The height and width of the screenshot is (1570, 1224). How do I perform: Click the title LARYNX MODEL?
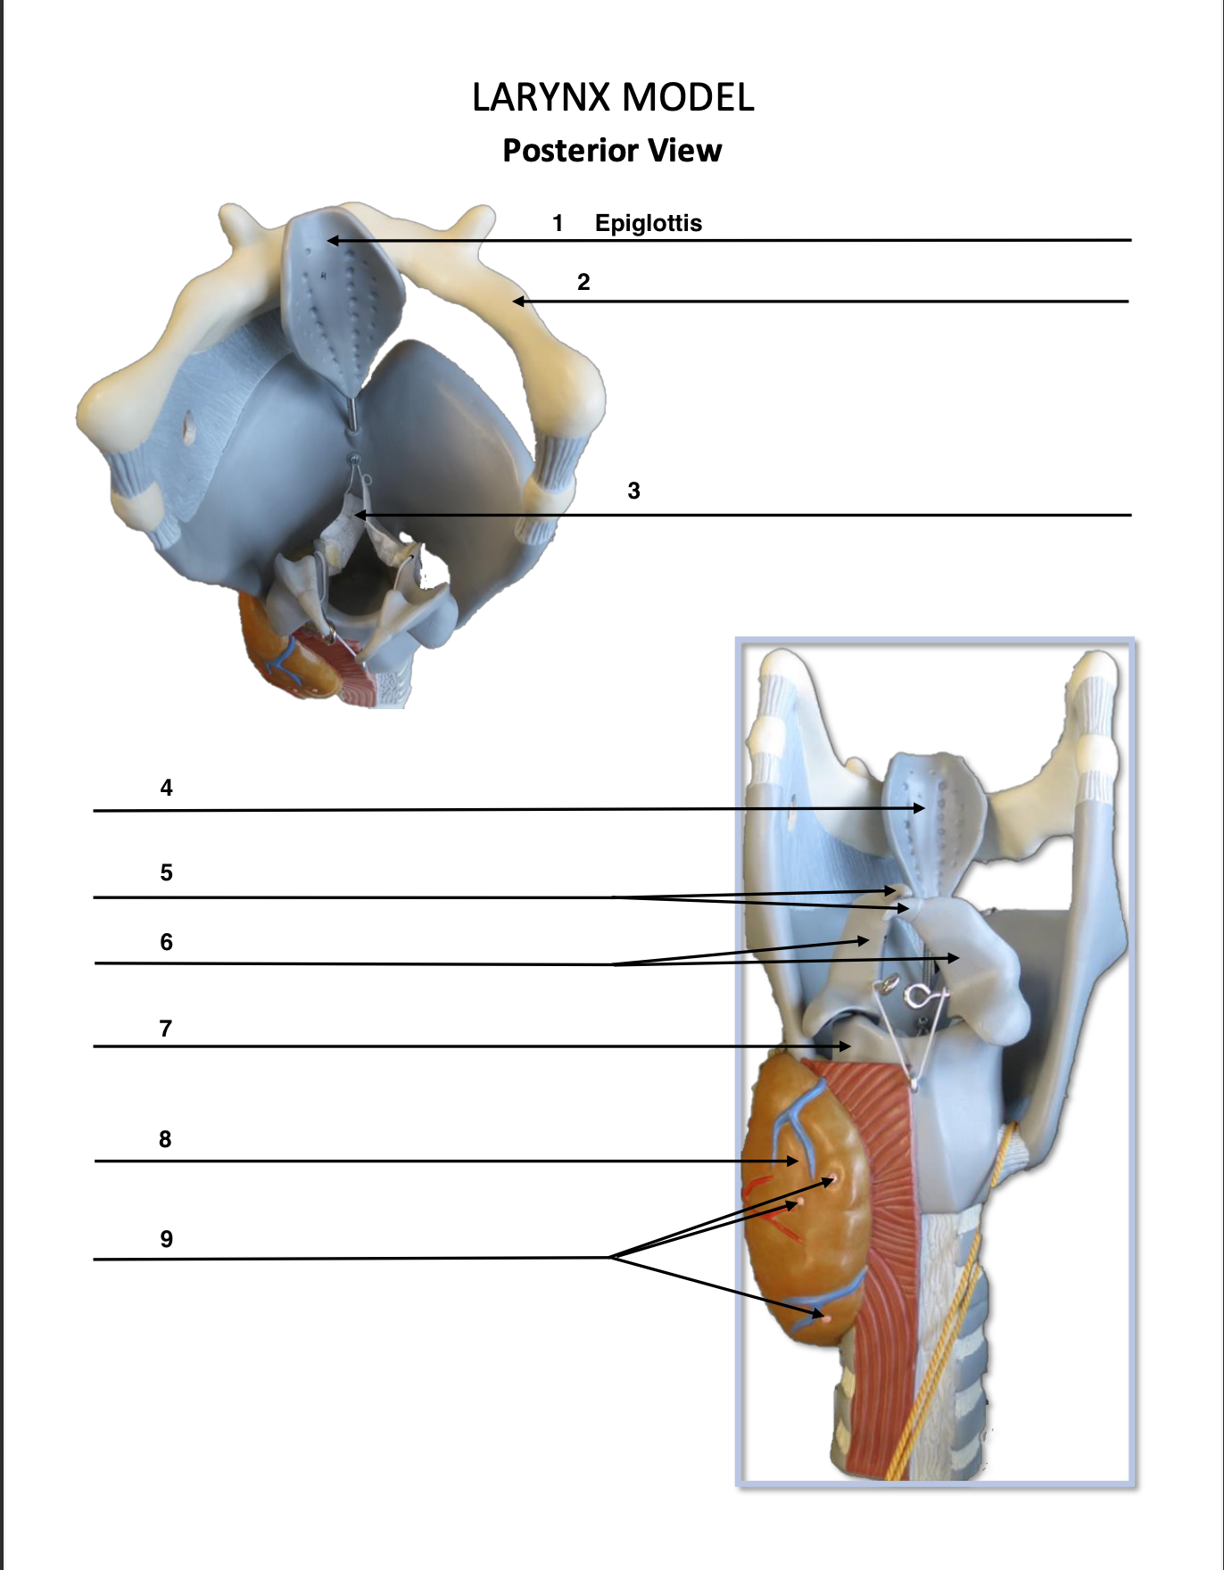pos(613,97)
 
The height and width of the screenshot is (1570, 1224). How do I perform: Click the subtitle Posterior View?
pos(612,150)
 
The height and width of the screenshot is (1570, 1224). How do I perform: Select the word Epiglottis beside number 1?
pos(649,223)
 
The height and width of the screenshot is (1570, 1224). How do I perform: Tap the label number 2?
pos(583,283)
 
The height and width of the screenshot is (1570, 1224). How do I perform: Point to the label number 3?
pos(633,491)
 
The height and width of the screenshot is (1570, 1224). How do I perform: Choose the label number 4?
pos(166,788)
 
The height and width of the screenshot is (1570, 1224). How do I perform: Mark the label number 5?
pos(166,872)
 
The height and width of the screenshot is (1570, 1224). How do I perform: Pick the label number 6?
pos(166,942)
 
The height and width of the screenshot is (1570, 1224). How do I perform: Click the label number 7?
pos(165,1029)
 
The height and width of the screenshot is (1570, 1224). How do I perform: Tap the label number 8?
pos(165,1139)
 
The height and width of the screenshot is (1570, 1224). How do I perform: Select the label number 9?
pos(166,1239)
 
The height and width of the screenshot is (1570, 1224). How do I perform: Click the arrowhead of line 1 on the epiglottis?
pos(330,240)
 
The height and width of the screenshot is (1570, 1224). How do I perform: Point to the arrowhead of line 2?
pos(516,302)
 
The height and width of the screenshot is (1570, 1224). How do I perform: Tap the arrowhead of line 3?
pos(358,515)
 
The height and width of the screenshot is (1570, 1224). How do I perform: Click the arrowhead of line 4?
pos(922,808)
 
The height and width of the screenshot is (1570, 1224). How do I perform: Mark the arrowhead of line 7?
pos(848,1046)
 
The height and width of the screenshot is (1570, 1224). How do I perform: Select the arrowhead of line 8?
pos(796,1161)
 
